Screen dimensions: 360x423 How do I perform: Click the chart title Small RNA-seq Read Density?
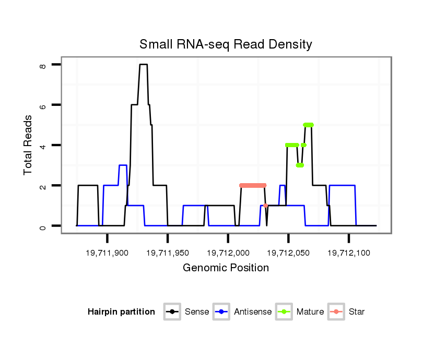(x=226, y=44)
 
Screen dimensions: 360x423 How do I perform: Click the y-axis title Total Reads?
(x=29, y=145)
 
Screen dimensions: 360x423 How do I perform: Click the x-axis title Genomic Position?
(x=226, y=268)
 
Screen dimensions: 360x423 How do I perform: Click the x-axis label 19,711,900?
(x=107, y=253)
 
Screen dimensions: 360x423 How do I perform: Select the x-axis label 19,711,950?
(x=168, y=253)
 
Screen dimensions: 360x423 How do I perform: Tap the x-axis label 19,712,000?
(x=228, y=253)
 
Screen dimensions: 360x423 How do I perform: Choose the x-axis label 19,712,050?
(x=289, y=253)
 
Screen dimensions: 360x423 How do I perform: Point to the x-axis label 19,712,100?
(x=349, y=253)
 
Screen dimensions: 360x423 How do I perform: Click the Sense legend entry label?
(x=197, y=312)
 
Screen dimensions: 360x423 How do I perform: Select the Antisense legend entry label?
(x=253, y=312)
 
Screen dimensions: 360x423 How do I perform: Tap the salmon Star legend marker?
(x=337, y=312)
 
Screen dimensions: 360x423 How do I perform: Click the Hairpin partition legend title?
(x=121, y=312)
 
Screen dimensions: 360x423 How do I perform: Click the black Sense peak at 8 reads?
(x=143, y=65)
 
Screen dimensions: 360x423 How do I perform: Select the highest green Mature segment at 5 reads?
(x=308, y=125)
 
